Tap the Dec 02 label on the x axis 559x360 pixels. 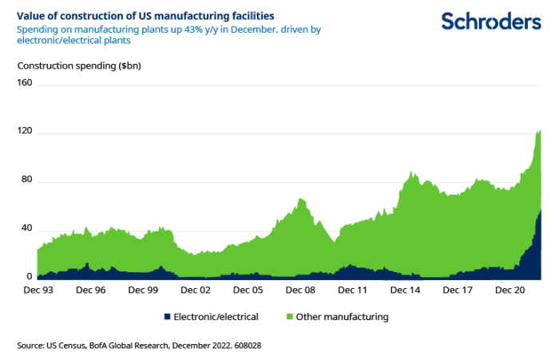(192, 291)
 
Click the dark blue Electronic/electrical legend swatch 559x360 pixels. (168, 317)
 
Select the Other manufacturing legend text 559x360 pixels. (342, 317)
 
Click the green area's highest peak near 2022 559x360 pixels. (540, 129)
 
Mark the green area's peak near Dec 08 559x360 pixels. (300, 199)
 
